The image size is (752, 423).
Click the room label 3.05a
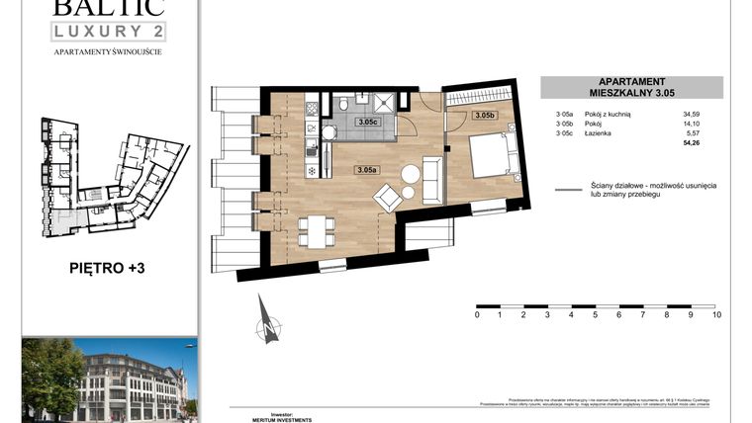click(366, 170)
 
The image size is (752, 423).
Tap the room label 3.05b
click(485, 116)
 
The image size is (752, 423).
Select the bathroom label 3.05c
click(367, 123)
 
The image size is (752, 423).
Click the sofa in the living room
click(431, 179)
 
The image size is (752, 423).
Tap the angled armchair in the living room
click(387, 199)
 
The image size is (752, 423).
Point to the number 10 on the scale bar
click(715, 315)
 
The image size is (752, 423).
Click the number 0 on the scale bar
click(477, 315)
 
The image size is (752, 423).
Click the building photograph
click(108, 378)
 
